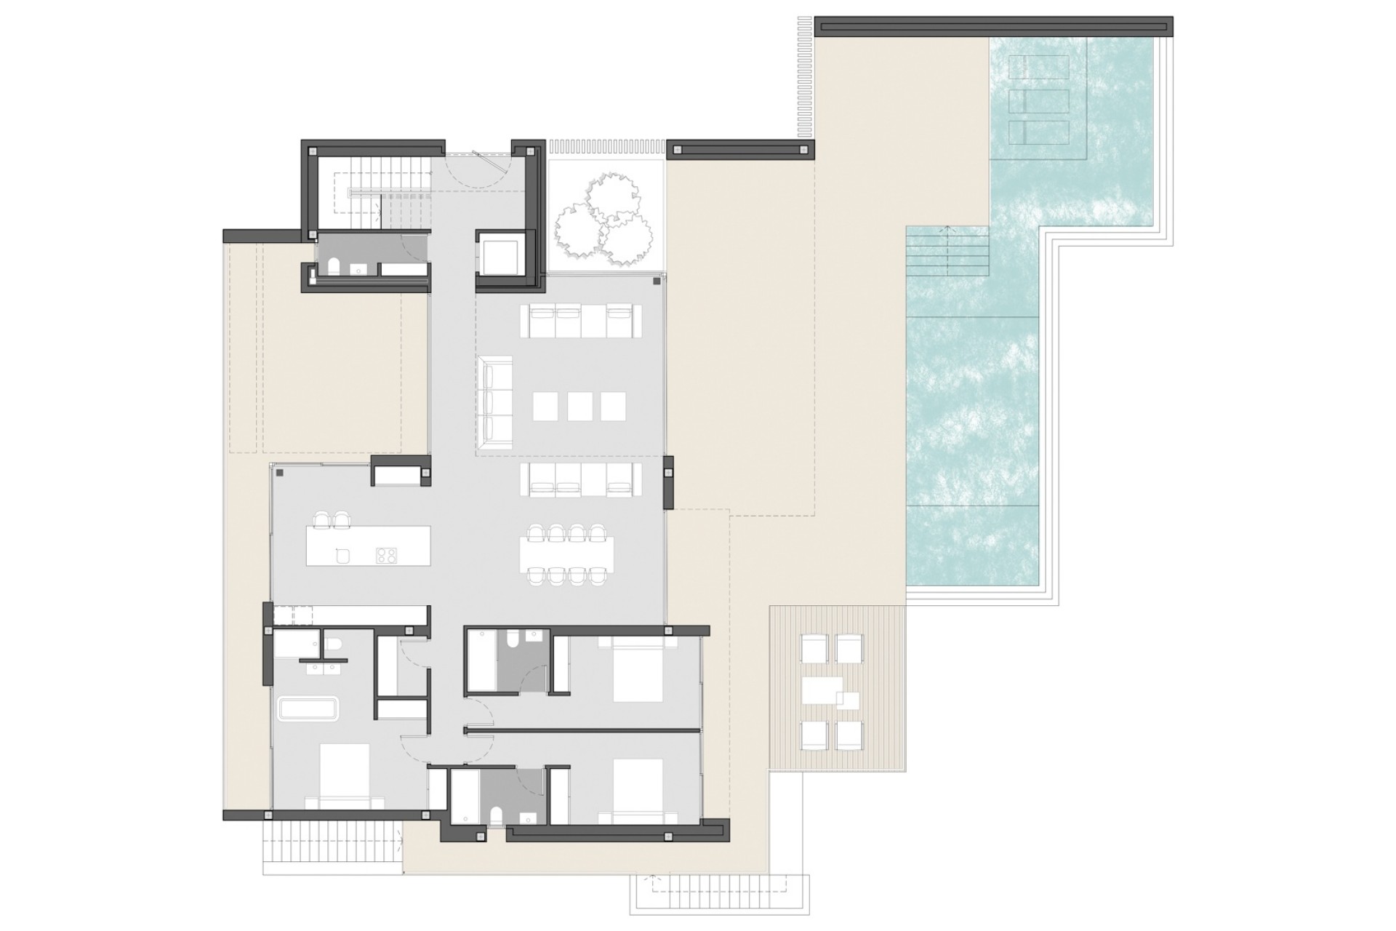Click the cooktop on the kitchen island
click(x=386, y=556)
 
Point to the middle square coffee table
click(x=579, y=406)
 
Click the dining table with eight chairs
click(x=566, y=555)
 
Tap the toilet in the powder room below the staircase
click(x=334, y=268)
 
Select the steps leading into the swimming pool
click(x=947, y=251)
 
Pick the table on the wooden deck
click(x=822, y=691)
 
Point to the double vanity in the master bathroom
click(x=324, y=666)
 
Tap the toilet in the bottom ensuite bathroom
click(x=496, y=815)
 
